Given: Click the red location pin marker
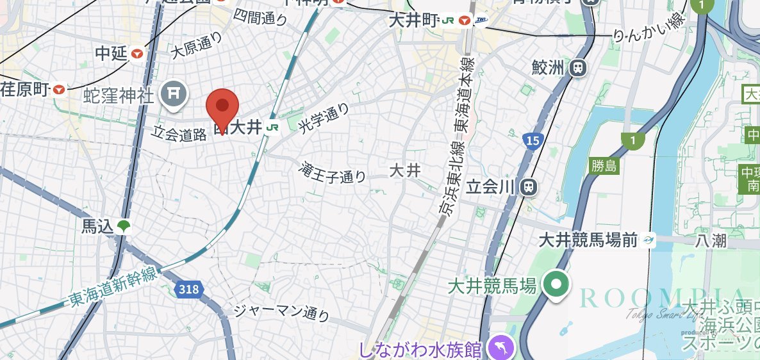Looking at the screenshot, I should point(222,107).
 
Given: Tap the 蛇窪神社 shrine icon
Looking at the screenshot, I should point(173,94).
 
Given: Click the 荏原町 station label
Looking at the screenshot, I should point(26,90).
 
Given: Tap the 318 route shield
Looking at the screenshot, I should point(188,290).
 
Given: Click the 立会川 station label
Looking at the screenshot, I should point(492,186).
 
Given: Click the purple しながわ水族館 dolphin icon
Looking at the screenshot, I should point(500,349).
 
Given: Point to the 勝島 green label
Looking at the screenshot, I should point(604,167).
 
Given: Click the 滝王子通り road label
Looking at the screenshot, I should point(333,172).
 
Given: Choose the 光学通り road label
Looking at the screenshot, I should point(325,119).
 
